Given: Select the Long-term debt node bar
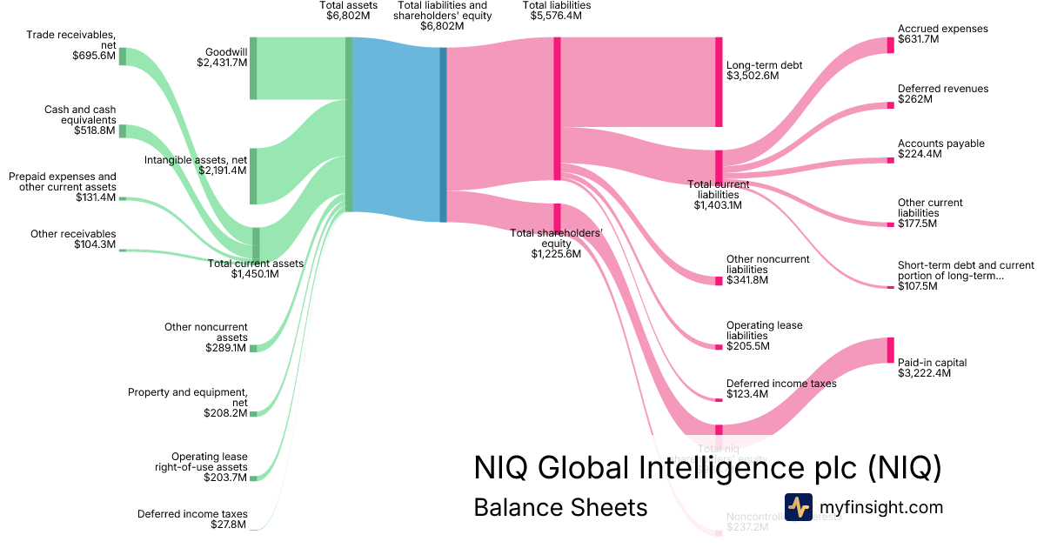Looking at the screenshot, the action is (719, 82).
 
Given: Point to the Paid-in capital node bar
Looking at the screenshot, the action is (890, 350).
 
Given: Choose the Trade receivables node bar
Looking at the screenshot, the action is (123, 57).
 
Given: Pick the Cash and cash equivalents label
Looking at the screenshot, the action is (79, 120).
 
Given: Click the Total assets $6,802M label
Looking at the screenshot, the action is (348, 11).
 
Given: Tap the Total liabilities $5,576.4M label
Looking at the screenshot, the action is (556, 11).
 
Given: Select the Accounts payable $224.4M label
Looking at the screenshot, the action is (940, 149).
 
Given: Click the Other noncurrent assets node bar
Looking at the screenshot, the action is (254, 348).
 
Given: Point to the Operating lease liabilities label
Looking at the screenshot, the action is (764, 336).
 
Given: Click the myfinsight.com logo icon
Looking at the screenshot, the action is (798, 506).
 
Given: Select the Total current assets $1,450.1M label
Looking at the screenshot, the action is (255, 269).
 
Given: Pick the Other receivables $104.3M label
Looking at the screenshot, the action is (73, 239).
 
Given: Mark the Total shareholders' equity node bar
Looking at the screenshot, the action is (557, 217).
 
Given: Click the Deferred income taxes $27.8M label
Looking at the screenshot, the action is (192, 519).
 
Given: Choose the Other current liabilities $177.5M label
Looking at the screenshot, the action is (930, 213).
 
